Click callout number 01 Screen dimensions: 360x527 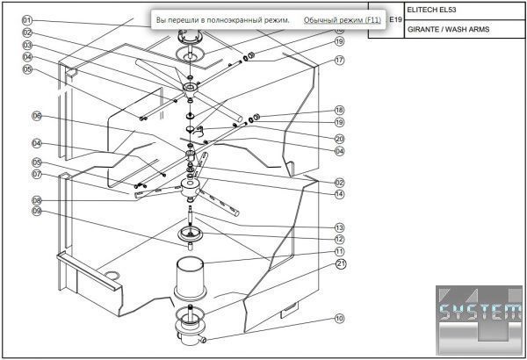[x=27, y=19]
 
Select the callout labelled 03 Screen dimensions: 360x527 [x=27, y=45]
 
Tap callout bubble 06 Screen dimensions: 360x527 [x=37, y=116]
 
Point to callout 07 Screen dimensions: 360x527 [x=37, y=174]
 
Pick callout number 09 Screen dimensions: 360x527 [x=37, y=211]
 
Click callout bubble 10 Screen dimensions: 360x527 [x=339, y=318]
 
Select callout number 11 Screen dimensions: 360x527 [x=339, y=251]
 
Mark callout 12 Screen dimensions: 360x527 [x=339, y=239]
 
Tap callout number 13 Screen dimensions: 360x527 [x=339, y=227]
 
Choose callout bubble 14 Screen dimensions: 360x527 [x=339, y=194]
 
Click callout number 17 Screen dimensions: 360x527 [x=339, y=61]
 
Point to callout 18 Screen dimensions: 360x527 [x=339, y=111]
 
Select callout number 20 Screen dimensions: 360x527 [x=339, y=138]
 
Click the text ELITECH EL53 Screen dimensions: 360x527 [x=435, y=11]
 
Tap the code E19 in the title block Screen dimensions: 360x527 [x=395, y=19]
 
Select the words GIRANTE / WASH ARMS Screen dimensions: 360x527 [x=449, y=29]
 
